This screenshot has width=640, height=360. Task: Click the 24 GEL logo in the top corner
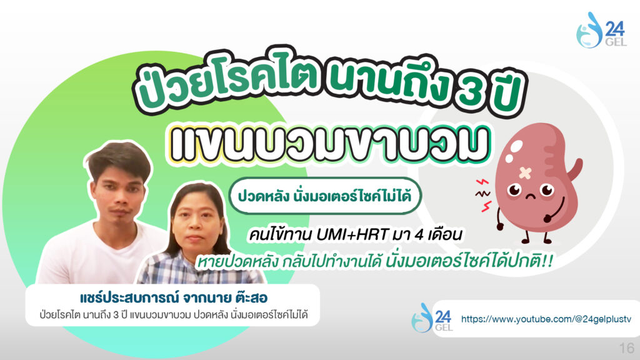(601, 30)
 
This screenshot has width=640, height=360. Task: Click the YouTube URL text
(546, 319)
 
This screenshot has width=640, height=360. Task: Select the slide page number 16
(626, 348)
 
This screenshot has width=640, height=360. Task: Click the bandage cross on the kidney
(525, 173)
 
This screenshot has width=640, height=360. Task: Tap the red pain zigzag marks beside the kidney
(484, 196)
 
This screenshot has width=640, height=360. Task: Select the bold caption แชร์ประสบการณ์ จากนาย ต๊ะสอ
(174, 297)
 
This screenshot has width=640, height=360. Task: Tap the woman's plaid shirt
(196, 267)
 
